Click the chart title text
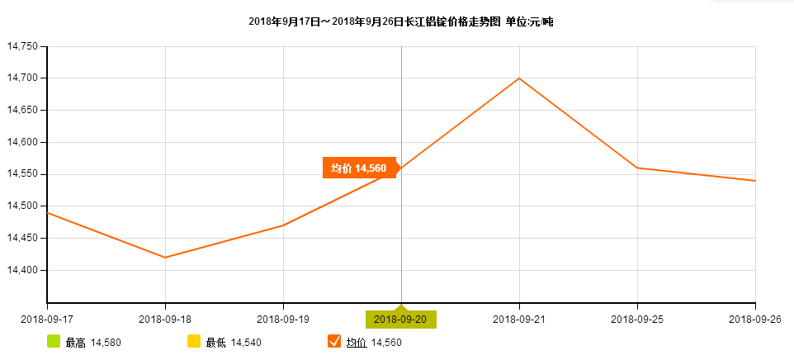click(400, 21)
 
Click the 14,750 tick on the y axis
click(22, 46)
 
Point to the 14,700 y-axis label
click(22, 78)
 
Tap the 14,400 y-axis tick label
click(22, 270)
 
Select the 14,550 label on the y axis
click(22, 174)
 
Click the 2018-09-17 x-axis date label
click(46, 319)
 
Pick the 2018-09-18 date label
click(165, 319)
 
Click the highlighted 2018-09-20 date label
click(401, 319)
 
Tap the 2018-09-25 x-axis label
click(637, 319)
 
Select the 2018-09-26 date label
click(754, 319)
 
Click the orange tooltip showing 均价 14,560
click(359, 168)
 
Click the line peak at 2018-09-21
click(519, 78)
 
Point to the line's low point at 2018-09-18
click(165, 258)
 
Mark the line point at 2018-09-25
click(637, 168)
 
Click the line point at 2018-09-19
click(283, 225)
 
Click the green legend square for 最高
click(54, 342)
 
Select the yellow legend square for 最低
click(194, 342)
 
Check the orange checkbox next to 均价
click(334, 342)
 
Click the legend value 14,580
click(106, 343)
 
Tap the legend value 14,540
click(246, 343)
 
